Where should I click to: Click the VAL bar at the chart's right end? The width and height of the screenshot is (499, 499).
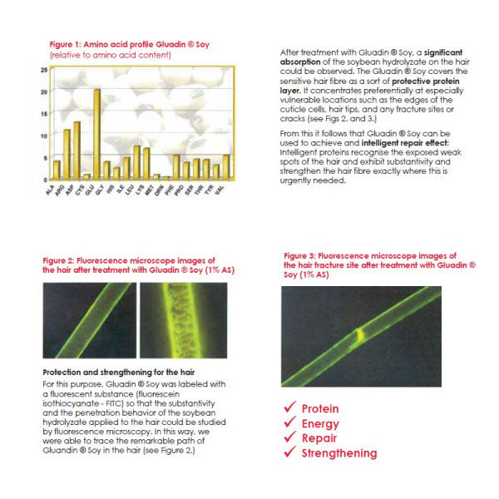click(226, 166)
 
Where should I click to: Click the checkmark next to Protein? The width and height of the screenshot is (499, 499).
click(289, 408)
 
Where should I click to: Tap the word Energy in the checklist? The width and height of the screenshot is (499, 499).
click(320, 423)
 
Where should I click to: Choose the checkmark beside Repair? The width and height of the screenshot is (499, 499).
click(289, 438)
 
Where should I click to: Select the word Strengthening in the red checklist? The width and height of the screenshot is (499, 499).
click(338, 453)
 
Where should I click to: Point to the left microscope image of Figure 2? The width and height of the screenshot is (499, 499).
click(87, 319)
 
